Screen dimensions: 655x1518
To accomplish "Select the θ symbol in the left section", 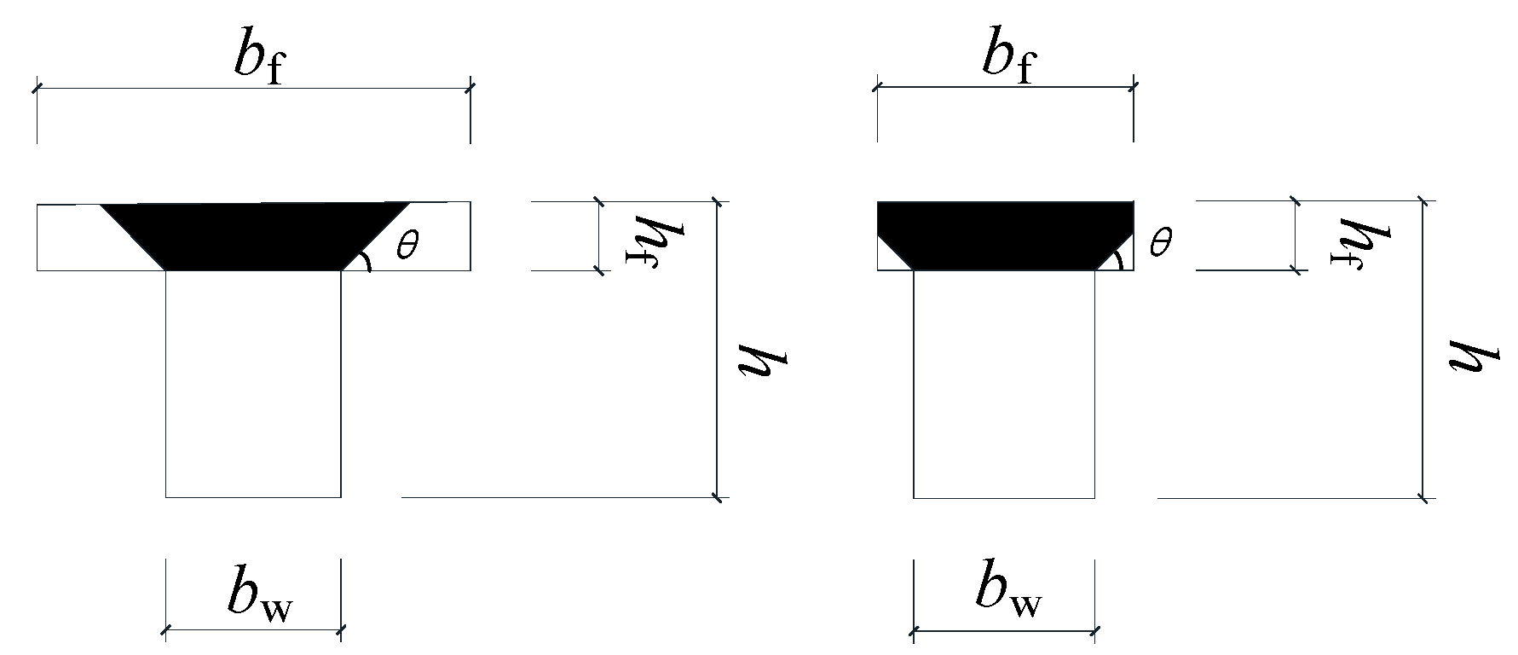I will pyautogui.click(x=407, y=246).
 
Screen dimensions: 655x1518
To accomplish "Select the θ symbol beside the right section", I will pyautogui.click(x=1160, y=244).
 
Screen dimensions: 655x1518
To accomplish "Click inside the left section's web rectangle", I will pyautogui.click(x=253, y=384).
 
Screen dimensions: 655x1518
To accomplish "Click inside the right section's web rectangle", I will pyautogui.click(x=1004, y=384).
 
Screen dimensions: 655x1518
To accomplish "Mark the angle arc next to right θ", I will pyautogui.click(x=1120, y=260).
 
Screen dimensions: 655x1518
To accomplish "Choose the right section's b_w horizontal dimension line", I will pyautogui.click(x=1004, y=632).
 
